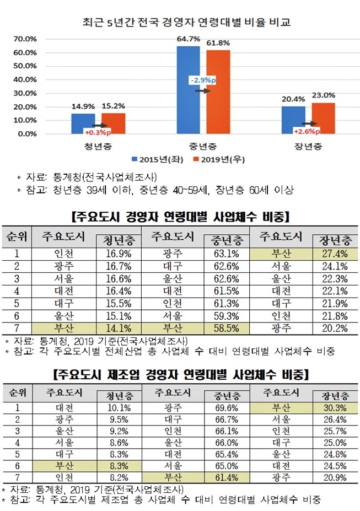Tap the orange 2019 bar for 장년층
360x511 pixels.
tap(323, 118)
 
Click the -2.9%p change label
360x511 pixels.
tap(202, 80)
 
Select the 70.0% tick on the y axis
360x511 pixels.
tap(25, 39)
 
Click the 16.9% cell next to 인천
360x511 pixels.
tap(117, 255)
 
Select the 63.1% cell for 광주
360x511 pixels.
tap(225, 255)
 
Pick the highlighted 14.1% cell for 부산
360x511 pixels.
tap(117, 329)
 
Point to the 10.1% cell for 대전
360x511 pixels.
tap(117, 408)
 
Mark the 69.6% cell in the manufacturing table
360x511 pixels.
tap(225, 408)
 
